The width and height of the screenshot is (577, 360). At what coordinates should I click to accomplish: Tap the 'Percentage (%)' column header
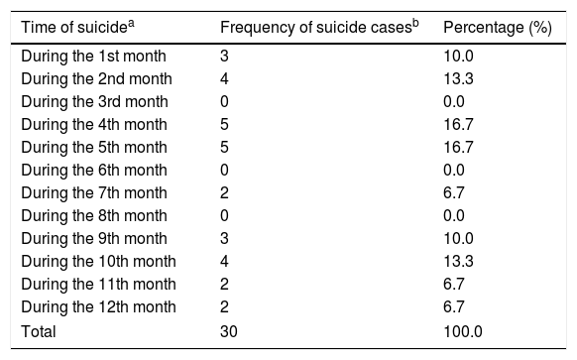click(x=498, y=28)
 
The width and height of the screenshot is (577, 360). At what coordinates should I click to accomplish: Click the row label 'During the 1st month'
click(x=93, y=57)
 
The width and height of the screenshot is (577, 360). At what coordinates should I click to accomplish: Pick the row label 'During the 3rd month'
click(x=94, y=102)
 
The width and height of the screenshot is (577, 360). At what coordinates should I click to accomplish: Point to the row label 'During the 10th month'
click(x=98, y=262)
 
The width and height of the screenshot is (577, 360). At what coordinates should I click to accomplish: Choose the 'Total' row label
click(x=39, y=331)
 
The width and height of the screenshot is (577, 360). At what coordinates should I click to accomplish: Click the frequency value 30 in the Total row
click(x=228, y=331)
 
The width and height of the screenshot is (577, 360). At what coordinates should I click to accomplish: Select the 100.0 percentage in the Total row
click(x=463, y=331)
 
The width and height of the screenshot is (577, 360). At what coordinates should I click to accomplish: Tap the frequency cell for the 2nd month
click(x=224, y=79)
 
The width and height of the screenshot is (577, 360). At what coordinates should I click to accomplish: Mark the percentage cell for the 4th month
click(x=458, y=125)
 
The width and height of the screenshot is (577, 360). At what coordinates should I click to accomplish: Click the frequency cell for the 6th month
click(x=224, y=171)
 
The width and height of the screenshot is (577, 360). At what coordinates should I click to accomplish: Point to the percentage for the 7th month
click(x=454, y=193)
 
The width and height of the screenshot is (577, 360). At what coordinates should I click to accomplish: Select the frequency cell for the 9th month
click(x=224, y=239)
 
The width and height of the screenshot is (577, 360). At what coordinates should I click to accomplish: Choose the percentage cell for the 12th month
click(x=454, y=307)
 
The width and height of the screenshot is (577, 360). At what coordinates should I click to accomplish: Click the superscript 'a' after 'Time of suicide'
click(x=131, y=23)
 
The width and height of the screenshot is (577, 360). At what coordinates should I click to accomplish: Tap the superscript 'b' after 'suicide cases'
click(x=415, y=23)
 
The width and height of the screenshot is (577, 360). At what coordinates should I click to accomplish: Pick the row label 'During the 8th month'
click(x=94, y=216)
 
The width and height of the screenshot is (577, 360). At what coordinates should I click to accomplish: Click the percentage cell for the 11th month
click(x=454, y=285)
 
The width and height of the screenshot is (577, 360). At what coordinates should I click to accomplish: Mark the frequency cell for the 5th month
click(x=224, y=148)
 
